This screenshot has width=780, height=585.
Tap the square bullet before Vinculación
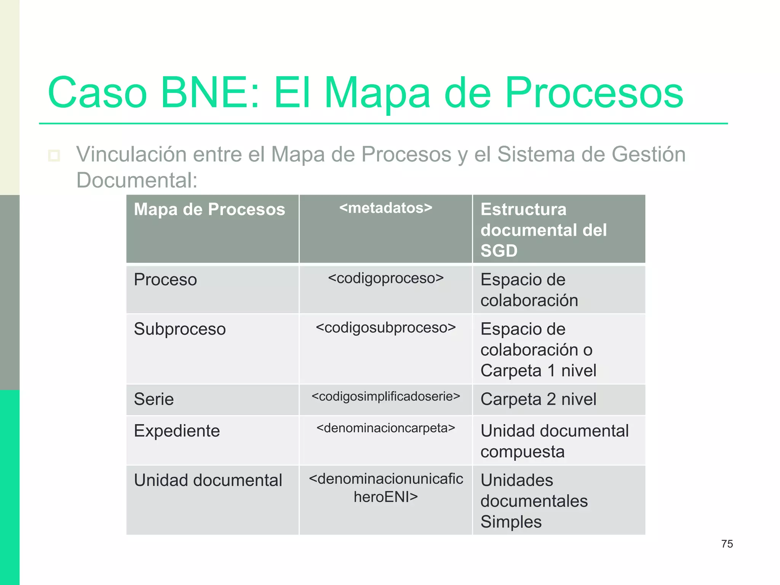[x=54, y=155]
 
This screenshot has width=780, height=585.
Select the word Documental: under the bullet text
[x=137, y=180]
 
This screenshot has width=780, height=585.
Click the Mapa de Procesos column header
[x=209, y=209]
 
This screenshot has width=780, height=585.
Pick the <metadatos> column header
[x=385, y=208]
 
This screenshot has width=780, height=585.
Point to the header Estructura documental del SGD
[x=543, y=230]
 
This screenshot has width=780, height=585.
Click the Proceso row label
[x=165, y=280]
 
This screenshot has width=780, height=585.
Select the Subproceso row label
[x=180, y=329]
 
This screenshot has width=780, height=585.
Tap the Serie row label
[x=154, y=399]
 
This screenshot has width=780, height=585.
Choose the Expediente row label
[x=177, y=431]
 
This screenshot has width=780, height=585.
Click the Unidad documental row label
[x=208, y=480]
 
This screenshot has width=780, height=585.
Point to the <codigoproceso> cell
[x=385, y=278]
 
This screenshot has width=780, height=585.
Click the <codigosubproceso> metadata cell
[x=385, y=328]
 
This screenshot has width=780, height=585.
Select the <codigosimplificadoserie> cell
[x=385, y=396]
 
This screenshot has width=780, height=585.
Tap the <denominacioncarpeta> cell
[x=385, y=428]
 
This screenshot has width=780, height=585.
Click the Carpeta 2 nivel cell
[x=538, y=399]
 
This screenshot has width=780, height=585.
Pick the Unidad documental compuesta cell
[x=554, y=441]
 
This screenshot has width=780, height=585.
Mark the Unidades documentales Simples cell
[x=534, y=501]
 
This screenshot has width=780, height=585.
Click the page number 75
[x=727, y=544]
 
